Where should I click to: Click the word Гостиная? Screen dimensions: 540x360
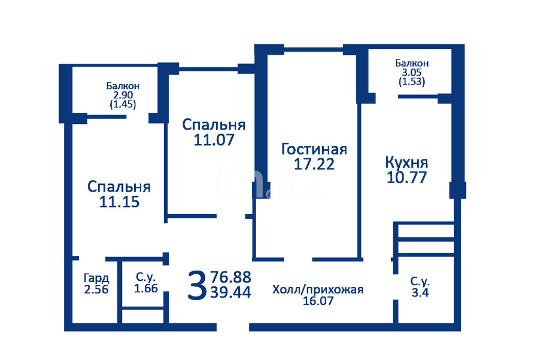pos(314,149)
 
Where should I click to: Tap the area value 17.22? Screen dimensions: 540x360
pos(314,164)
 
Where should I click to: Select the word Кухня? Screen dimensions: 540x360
pos(406,163)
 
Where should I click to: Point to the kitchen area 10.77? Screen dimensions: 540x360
pos(407,177)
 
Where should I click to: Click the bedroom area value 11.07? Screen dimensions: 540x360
pos(214,140)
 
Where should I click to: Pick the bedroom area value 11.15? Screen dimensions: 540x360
pos(119,202)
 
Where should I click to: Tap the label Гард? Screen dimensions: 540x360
pos(97,278)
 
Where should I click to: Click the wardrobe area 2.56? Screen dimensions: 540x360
pos(97,289)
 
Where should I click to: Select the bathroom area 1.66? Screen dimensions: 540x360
pos(146,288)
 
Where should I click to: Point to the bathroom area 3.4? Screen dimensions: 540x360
pos(420,292)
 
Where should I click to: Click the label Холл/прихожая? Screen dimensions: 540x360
pos(318,290)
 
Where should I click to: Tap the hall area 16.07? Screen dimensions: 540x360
pos(318,301)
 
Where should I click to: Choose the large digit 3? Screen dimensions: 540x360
pos(197,285)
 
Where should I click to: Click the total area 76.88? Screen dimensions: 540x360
pos(231,277)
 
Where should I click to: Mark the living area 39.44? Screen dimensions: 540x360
pos(231,292)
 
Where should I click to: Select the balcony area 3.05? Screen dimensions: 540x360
pos(411,72)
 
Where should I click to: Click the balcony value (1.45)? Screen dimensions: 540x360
pos(123,104)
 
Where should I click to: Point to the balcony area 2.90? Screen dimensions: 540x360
pos(123,95)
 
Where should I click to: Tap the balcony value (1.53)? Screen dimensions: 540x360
pos(411,82)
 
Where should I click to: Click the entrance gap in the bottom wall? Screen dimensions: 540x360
pos(233,327)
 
